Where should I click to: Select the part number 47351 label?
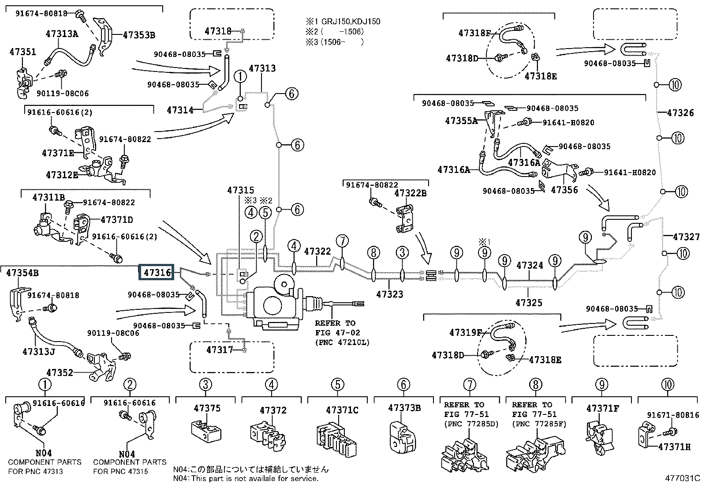tap(22, 52)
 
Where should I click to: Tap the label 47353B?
tap(139, 35)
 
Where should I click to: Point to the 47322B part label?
tap(411, 193)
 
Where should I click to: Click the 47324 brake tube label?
tap(530, 265)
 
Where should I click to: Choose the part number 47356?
tap(564, 190)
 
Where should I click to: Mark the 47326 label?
tap(680, 113)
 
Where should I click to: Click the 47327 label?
tap(686, 237)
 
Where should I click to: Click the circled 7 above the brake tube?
tap(342, 241)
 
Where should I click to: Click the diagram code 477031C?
tap(683, 477)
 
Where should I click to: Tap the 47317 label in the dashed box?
tap(220, 350)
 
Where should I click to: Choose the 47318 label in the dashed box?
tap(218, 31)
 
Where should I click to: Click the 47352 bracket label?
tap(60, 372)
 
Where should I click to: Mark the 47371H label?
tap(674, 447)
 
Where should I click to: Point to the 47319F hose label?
tap(466, 332)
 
